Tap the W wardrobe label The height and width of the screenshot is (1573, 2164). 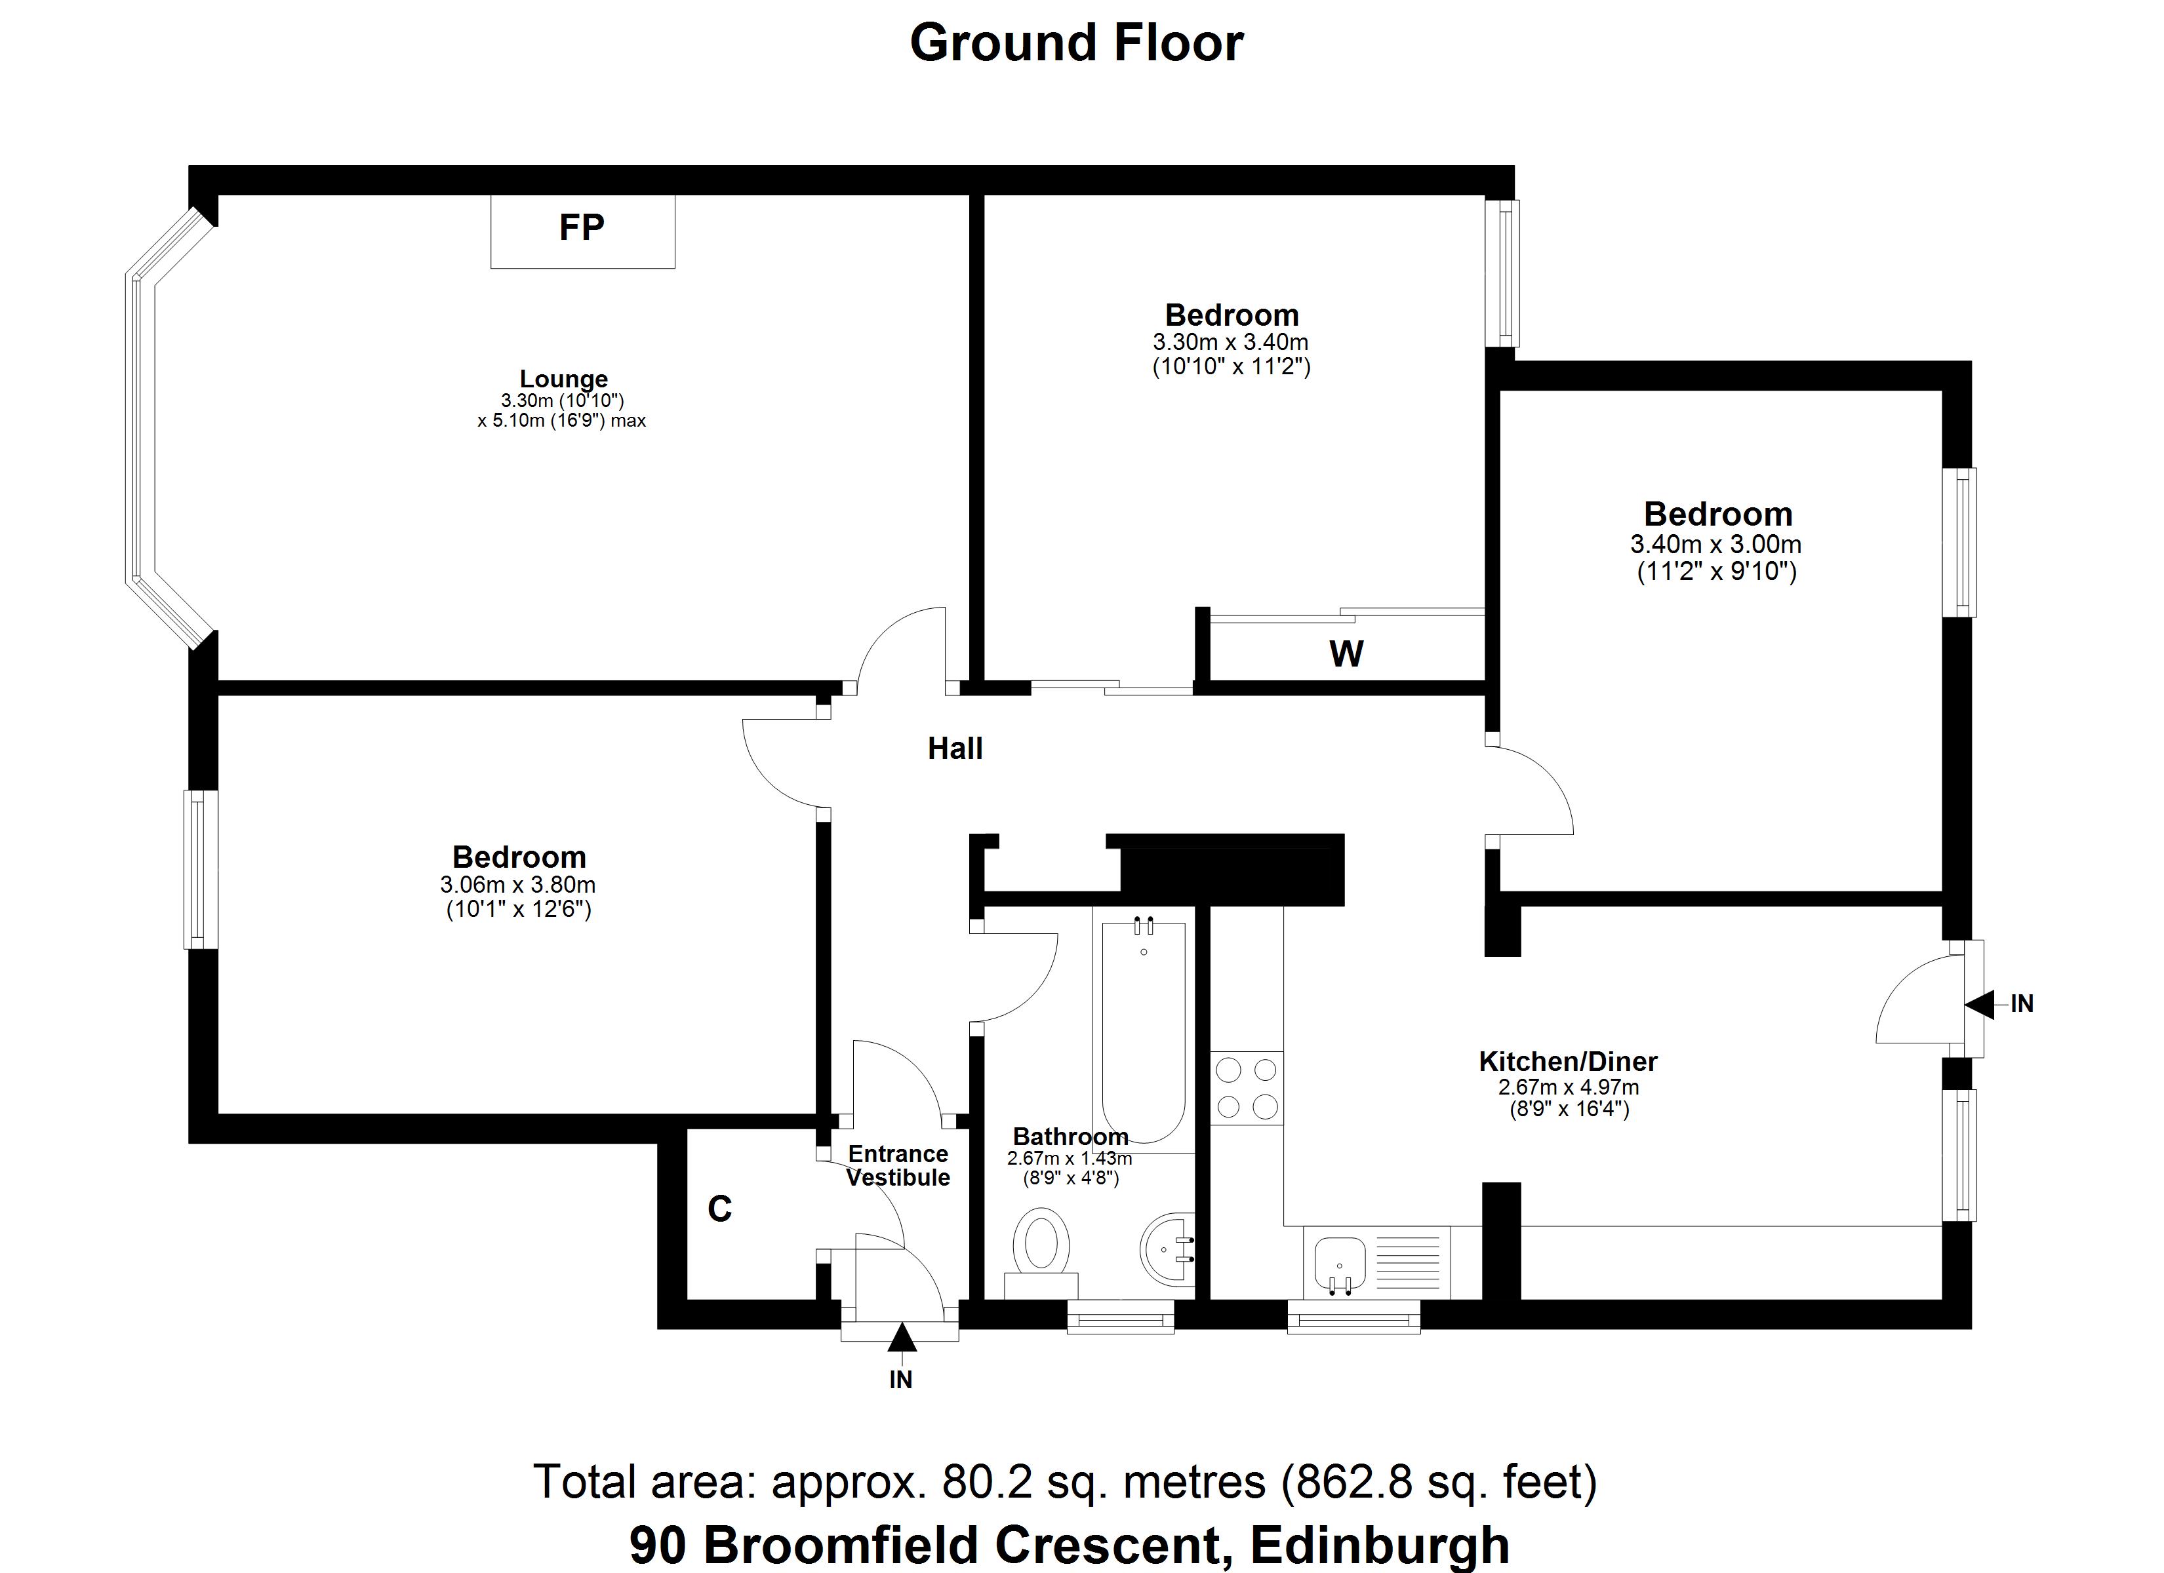pyautogui.click(x=1346, y=654)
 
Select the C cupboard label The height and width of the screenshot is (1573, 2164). pyautogui.click(x=719, y=1209)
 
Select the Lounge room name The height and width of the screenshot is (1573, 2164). pyautogui.click(x=563, y=379)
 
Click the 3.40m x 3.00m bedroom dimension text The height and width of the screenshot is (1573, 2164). pyautogui.click(x=1715, y=545)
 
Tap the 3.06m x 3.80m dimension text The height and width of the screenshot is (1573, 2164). pyautogui.click(x=517, y=884)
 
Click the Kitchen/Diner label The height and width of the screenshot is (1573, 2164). pyautogui.click(x=1568, y=1060)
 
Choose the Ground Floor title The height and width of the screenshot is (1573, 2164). pyautogui.click(x=1076, y=43)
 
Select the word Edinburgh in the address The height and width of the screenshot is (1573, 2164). pyautogui.click(x=1380, y=1545)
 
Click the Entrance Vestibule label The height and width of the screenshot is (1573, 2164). pyautogui.click(x=897, y=1166)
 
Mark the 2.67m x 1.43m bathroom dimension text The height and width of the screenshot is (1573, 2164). pyautogui.click(x=1069, y=1159)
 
